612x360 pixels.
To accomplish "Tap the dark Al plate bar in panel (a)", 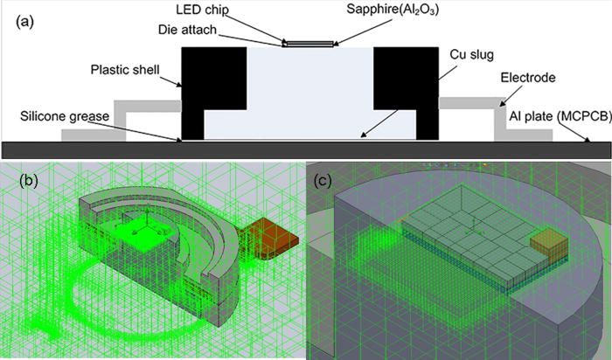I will point(306,149).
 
